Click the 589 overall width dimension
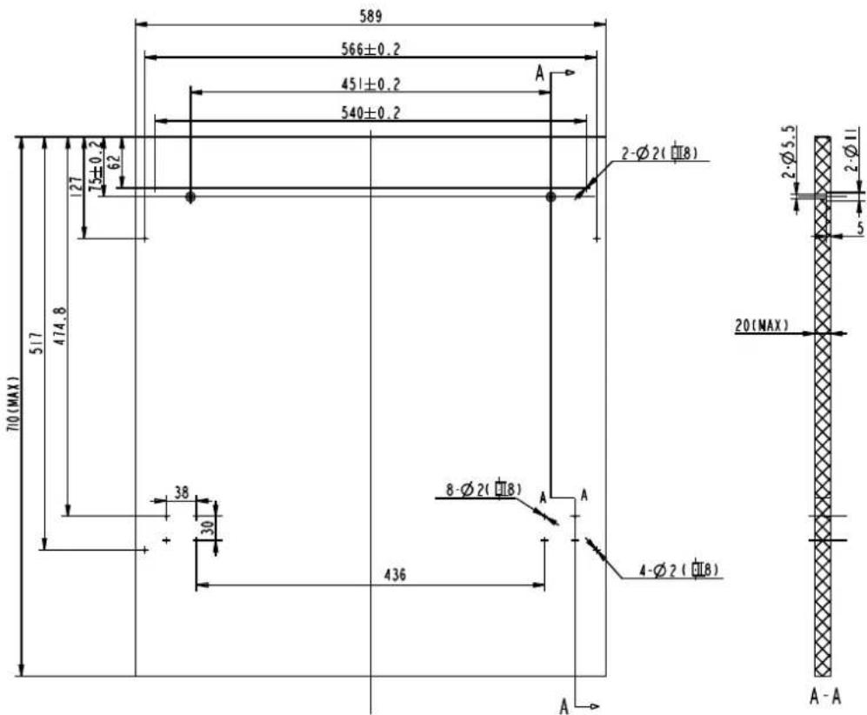(x=370, y=16)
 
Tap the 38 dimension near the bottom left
(x=181, y=491)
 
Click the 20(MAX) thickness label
(x=760, y=325)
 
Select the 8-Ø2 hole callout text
(x=483, y=491)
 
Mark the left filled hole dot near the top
(x=190, y=197)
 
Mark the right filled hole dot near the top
(x=550, y=197)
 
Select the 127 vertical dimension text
(x=75, y=184)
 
